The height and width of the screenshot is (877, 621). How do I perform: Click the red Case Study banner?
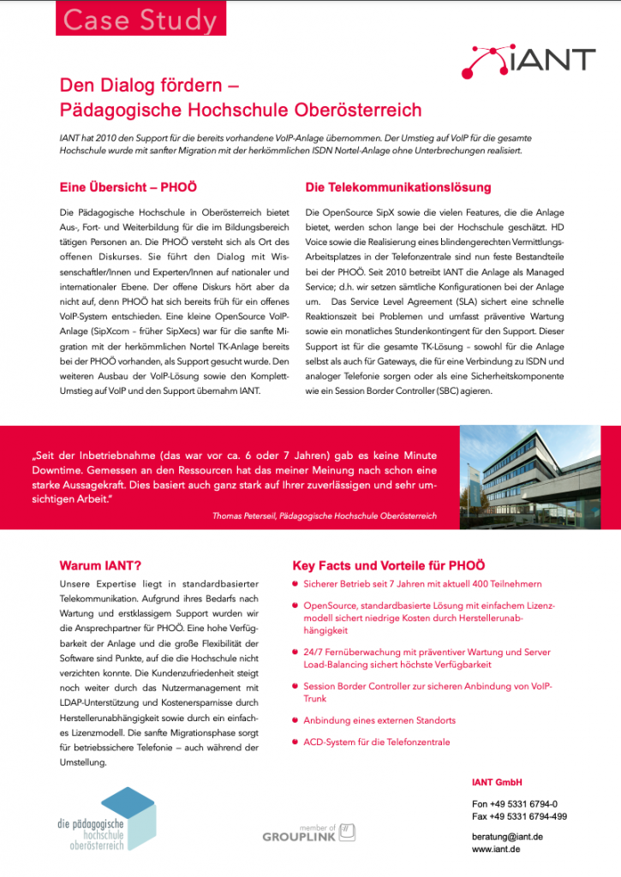coord(141,20)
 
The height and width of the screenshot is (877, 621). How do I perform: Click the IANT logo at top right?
coord(528,60)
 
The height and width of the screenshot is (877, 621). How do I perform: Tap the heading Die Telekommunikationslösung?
coord(398,187)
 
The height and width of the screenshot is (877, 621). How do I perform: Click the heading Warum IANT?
coord(100,565)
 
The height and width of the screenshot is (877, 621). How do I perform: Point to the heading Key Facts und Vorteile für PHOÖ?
coord(389,565)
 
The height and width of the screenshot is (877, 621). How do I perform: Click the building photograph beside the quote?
coord(540,476)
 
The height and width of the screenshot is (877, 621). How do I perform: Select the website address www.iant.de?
coord(496,849)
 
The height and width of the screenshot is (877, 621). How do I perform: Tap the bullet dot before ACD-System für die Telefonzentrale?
coord(296,742)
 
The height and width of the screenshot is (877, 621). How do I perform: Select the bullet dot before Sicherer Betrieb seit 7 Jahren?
coord(296,583)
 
